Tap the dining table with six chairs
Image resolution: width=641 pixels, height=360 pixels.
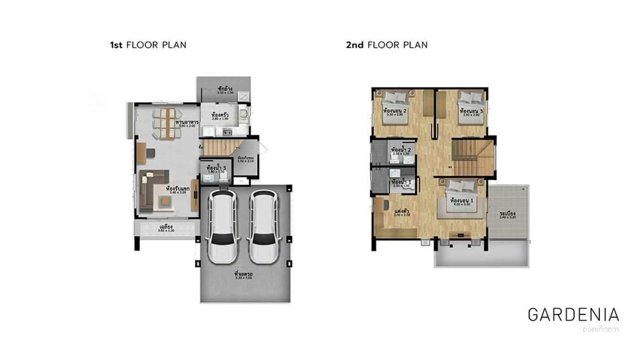pyautogui.click(x=166, y=123)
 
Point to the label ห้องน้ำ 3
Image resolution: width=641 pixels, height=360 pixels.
pyautogui.click(x=216, y=168)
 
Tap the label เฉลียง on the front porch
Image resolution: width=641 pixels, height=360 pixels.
pyautogui.click(x=166, y=226)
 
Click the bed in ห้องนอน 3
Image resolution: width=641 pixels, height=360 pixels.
pyautogui.click(x=471, y=106)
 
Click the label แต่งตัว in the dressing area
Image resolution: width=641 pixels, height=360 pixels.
pyautogui.click(x=402, y=210)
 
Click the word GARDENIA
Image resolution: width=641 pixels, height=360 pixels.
pyautogui.click(x=573, y=315)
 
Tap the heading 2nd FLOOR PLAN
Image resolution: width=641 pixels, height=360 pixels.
pyautogui.click(x=386, y=45)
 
